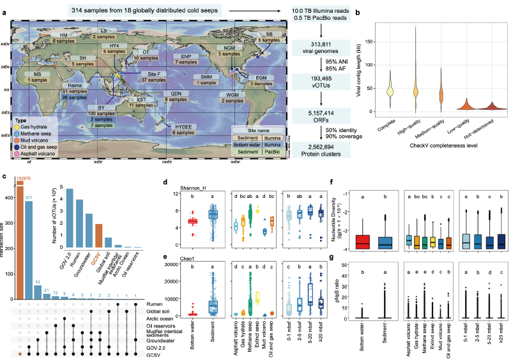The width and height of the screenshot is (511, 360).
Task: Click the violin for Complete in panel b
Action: [x=388, y=89]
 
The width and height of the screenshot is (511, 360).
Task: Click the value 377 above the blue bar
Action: [x=29, y=199]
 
